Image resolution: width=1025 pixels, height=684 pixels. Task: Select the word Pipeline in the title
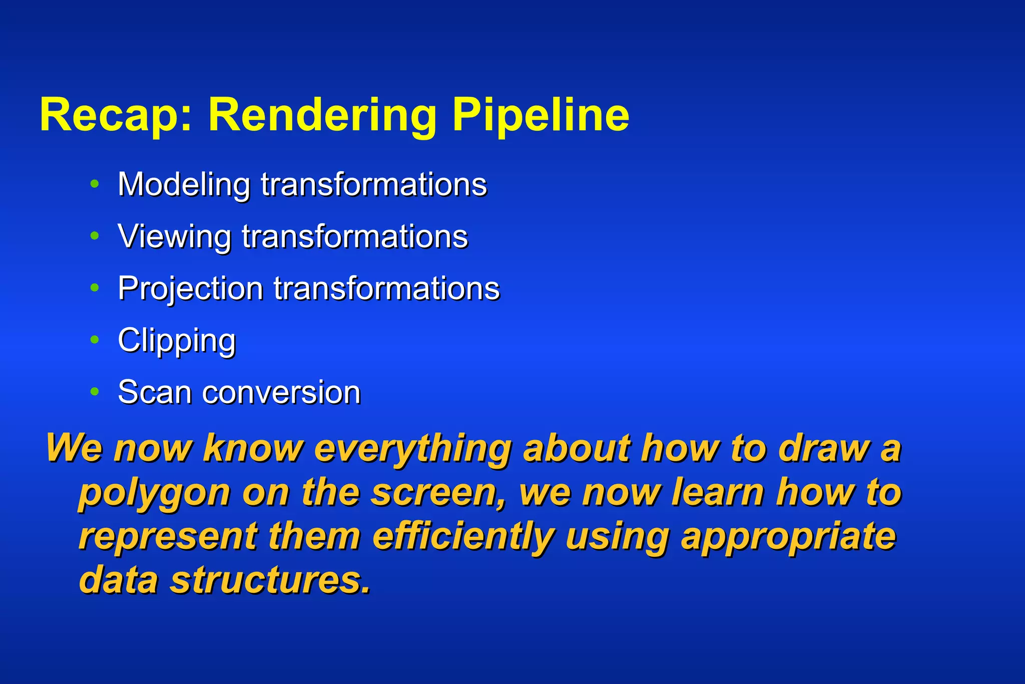point(541,116)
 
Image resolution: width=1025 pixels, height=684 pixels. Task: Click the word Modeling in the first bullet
point(184,185)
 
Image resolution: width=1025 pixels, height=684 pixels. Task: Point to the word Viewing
point(174,237)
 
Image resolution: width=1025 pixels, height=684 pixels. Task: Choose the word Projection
point(190,289)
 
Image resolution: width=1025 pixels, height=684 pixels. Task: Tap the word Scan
point(154,392)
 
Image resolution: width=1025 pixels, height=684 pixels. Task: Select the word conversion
point(281,392)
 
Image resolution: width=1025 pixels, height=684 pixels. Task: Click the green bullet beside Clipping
point(95,340)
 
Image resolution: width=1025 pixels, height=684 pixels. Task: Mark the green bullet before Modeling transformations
point(95,184)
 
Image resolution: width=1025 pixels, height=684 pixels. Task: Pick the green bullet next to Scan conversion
point(95,392)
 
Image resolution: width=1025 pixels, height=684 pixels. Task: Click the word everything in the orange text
point(412,449)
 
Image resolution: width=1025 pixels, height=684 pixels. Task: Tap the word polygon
point(154,494)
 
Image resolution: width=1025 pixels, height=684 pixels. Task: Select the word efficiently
point(463,537)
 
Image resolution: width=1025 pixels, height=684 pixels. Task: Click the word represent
point(168,537)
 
